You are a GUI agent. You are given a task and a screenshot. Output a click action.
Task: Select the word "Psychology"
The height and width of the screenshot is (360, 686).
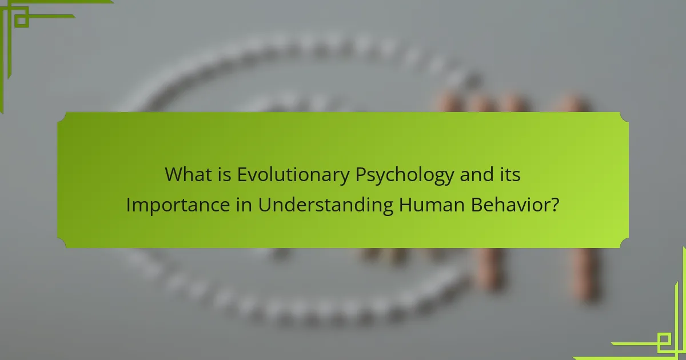pos(404,175)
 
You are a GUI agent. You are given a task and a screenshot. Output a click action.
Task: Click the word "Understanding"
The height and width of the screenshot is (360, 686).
pos(325,205)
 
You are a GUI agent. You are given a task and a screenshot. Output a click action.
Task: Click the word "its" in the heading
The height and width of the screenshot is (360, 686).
pos(510,175)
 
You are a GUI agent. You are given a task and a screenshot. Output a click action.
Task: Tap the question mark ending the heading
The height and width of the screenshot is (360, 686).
pos(555,205)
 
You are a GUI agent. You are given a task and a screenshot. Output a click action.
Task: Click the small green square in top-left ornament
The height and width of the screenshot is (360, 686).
pos(22,21)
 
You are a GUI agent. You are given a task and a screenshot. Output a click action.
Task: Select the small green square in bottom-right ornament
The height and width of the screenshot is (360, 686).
pos(664,341)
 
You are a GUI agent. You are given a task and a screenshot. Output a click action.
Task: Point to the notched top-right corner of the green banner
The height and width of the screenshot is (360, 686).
pos(624,117)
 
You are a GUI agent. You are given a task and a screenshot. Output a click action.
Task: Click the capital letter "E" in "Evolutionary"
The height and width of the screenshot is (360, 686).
pos(242,175)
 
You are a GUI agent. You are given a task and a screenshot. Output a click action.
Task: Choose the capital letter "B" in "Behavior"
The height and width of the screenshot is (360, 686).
pos(477,205)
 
